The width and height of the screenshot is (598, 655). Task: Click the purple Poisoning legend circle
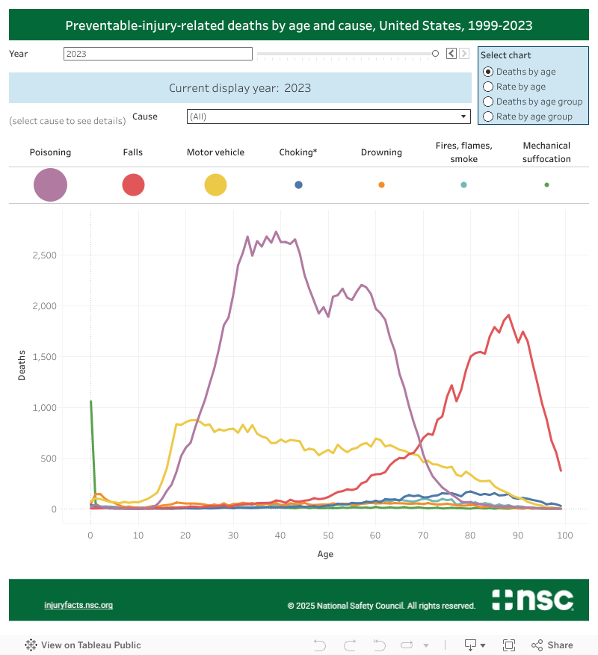tap(50, 184)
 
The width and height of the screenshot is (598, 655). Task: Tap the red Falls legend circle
tap(133, 184)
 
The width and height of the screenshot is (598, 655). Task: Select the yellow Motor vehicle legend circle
tap(215, 184)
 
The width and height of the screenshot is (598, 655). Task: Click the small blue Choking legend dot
tap(298, 184)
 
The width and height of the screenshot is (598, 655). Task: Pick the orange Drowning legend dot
tap(381, 184)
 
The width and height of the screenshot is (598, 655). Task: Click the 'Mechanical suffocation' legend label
tap(546, 152)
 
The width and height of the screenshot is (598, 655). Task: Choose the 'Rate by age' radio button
tap(488, 87)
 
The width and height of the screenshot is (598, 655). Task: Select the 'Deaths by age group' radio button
tap(488, 102)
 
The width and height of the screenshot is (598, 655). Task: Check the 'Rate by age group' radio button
tap(488, 117)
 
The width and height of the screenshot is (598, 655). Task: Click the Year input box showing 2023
tap(158, 54)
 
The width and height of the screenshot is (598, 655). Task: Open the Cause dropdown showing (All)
tap(327, 117)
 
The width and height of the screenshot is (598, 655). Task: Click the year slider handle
tap(435, 53)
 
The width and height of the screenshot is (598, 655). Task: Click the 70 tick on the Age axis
tap(422, 536)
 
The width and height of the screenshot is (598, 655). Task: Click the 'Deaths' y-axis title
tap(22, 365)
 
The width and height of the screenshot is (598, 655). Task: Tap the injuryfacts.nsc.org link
tap(78, 605)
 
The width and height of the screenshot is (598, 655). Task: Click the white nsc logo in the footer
tap(532, 600)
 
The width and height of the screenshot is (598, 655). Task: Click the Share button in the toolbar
tap(552, 645)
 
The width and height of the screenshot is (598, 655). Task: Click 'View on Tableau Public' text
tap(90, 645)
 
